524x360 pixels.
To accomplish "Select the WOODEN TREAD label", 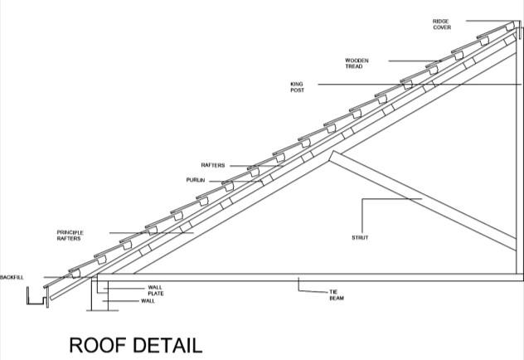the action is click(x=357, y=63).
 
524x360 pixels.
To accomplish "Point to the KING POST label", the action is click(x=297, y=86).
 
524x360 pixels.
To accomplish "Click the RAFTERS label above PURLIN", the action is click(x=213, y=165).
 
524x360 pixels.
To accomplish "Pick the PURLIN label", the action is click(x=195, y=179).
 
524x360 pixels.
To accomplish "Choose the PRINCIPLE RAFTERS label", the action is click(x=70, y=235).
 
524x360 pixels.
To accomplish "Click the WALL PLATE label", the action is click(x=156, y=290).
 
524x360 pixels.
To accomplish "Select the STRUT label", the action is click(x=359, y=238).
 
